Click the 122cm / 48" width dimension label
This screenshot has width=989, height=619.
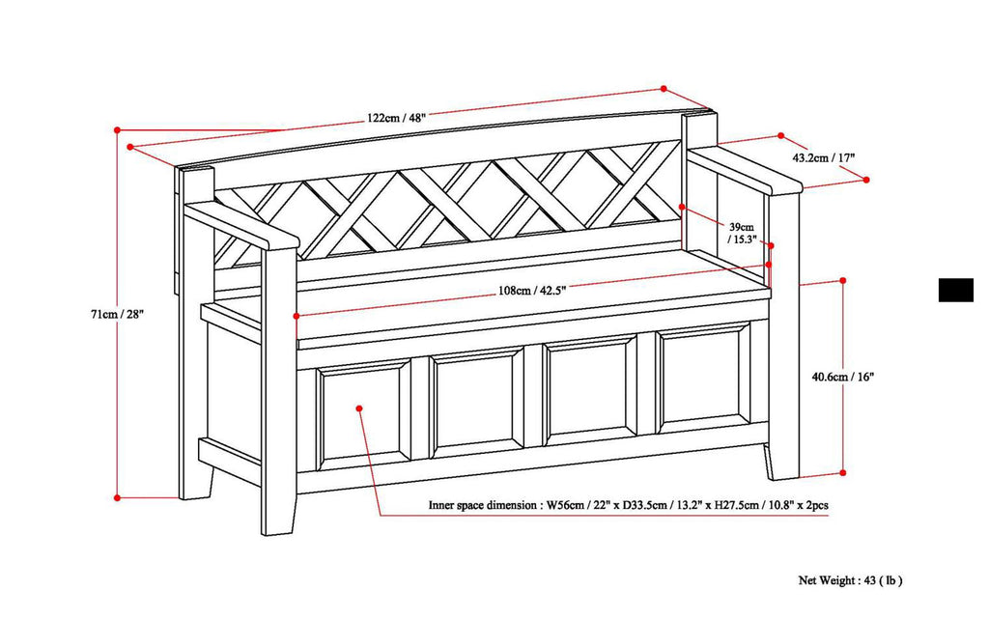coord(396,118)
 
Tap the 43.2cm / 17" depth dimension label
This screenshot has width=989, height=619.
coord(823,156)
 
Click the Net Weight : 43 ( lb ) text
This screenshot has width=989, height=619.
coord(850,580)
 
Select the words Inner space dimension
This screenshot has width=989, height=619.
coord(483,505)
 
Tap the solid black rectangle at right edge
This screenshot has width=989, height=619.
coord(955,290)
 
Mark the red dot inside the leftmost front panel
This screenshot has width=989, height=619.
coord(359,408)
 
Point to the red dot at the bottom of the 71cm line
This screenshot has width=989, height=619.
coord(117,497)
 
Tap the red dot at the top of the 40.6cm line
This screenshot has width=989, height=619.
coord(843,280)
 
